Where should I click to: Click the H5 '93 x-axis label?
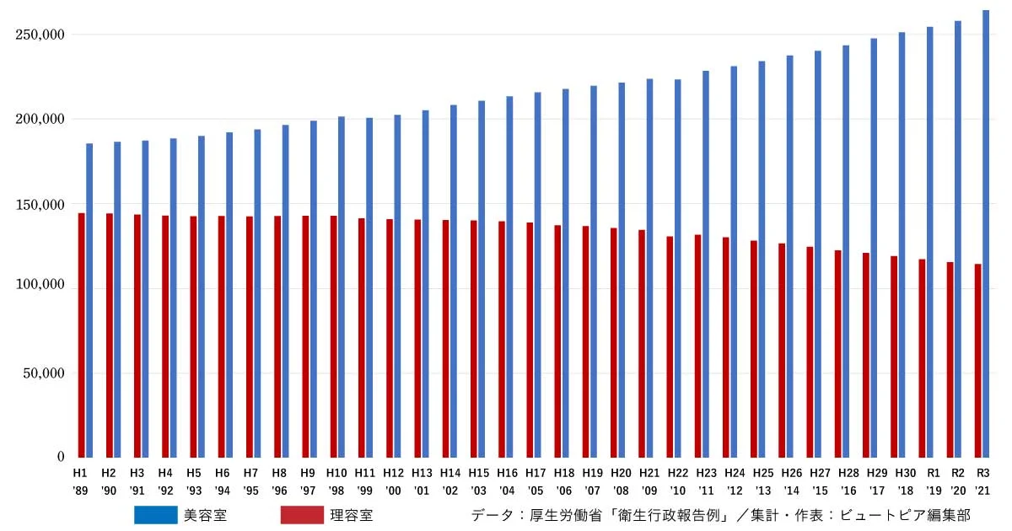(x=194, y=481)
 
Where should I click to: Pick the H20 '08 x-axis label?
(x=621, y=481)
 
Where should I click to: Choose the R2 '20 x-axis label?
(x=958, y=481)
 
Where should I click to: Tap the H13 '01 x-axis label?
(x=422, y=481)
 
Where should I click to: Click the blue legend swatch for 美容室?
(x=155, y=515)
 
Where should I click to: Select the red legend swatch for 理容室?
(x=302, y=515)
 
